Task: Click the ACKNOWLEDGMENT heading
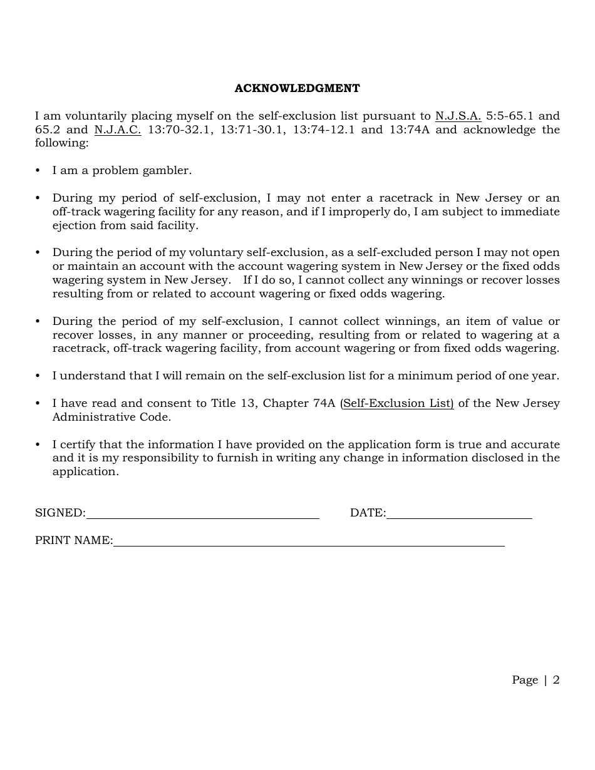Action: pos(297,88)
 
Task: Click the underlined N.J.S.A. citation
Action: pos(458,116)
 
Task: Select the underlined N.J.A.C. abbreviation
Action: pos(118,130)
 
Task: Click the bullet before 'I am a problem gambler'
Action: pos(38,170)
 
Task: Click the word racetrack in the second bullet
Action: pos(405,198)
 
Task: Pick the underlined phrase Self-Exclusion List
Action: pos(398,403)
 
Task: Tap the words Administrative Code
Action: pos(111,417)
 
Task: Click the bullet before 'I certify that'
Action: pos(38,444)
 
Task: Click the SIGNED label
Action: pos(59,513)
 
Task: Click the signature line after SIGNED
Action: pos(202,517)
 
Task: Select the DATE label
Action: pos(367,513)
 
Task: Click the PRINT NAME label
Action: pos(73,540)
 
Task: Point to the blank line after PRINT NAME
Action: pos(308,545)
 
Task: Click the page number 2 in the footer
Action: pos(556,680)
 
